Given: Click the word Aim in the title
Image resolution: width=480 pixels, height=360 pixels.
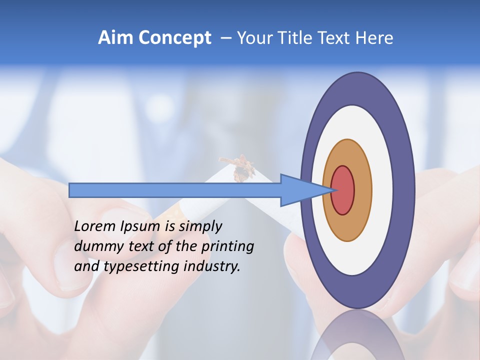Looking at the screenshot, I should coord(115,38).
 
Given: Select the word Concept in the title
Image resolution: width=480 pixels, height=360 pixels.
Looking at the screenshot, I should coord(174,38).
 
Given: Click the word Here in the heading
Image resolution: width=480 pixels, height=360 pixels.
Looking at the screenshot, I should coord(375,38).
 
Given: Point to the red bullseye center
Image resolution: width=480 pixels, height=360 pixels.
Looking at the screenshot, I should coord(343,190).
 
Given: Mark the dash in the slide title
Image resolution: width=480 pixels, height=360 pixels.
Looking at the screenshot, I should coord(225,38).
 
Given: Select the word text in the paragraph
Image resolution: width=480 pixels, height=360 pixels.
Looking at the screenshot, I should coord(141,246).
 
